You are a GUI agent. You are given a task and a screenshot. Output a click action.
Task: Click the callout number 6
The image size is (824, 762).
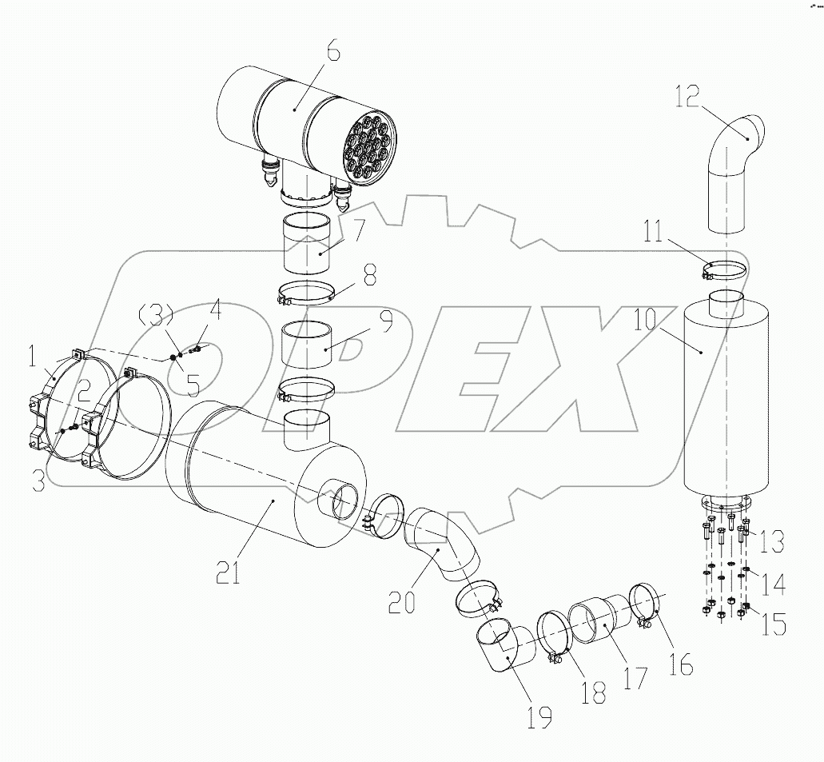[x=331, y=54]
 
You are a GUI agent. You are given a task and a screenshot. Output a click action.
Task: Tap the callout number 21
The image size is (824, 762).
[x=229, y=572]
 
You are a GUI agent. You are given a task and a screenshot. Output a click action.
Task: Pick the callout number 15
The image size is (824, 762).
[x=772, y=624]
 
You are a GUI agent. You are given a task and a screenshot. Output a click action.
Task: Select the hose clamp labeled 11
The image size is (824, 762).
[x=726, y=269]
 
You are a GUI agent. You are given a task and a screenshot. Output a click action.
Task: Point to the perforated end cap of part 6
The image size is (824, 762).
[x=365, y=148]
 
